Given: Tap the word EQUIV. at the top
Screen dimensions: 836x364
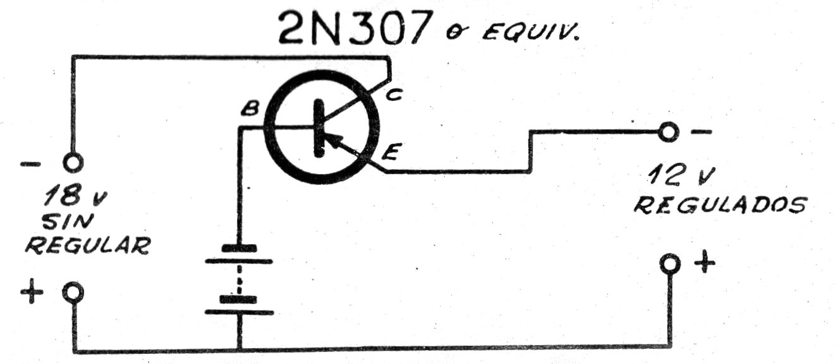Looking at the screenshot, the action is pos(530,33).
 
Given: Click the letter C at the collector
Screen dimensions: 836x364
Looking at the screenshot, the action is pos(394,94).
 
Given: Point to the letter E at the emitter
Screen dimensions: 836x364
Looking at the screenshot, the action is pos(391,152).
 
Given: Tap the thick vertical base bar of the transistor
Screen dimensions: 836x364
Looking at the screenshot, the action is pos(319,128).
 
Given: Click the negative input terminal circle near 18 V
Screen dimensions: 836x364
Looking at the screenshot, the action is pos(73,162).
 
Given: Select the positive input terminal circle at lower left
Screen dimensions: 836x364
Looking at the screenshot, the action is pos(73,291).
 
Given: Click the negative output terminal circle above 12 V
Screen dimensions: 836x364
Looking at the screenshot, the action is pos(669,132).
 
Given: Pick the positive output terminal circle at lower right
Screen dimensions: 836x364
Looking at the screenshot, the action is pos(670,264).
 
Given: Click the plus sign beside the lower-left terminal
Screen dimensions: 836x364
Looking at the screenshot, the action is pos(32,291).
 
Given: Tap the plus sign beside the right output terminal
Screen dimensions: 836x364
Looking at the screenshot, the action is pos(705,262).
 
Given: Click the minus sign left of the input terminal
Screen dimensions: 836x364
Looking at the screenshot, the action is pos(30,164).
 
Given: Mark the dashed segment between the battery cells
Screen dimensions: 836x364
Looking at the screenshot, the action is pos(239,279).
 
